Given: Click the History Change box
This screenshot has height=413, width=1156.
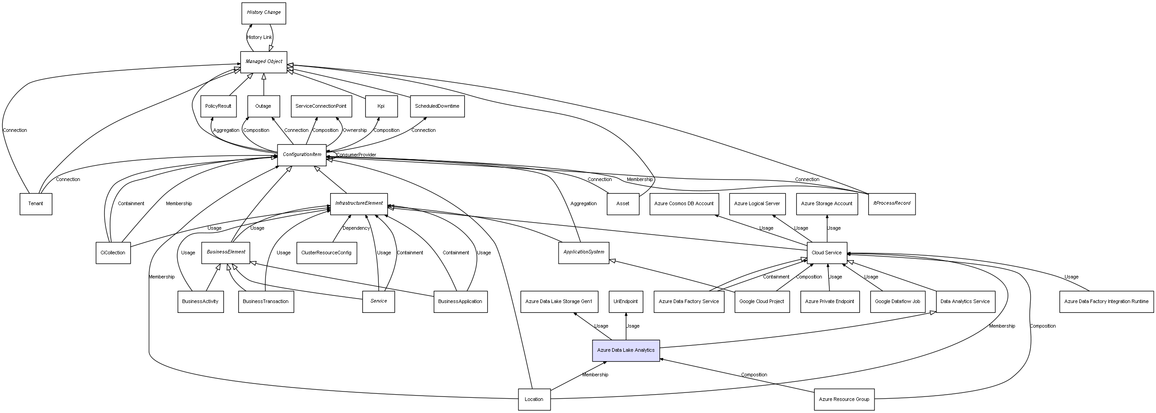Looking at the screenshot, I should coord(263,13).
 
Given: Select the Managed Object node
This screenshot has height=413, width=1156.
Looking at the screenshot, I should coord(263,62).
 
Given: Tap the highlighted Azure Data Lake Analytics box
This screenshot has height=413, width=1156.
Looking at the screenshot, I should coord(626,350).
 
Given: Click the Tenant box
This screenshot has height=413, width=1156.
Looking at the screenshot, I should coord(36,204).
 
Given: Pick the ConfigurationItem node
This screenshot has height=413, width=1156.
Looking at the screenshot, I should coord(302,155).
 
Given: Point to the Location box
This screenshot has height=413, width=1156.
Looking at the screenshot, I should coord(534,400).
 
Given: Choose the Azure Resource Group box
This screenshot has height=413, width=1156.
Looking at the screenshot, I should coord(844,400).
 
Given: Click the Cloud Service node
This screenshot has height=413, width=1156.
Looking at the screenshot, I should coord(827,253).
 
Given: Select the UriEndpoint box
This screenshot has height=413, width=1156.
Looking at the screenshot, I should coord(626,302).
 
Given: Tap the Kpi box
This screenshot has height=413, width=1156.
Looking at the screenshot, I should coord(381,106).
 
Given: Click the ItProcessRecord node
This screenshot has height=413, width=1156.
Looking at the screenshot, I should coord(891,204).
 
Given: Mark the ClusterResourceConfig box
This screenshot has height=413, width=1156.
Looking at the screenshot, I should coord(326,253).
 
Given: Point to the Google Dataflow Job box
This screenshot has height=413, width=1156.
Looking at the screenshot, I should coord(897,302).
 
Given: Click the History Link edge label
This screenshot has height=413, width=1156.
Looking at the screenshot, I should coord(259,37).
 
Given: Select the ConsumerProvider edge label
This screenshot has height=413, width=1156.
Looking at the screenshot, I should coord(356,155).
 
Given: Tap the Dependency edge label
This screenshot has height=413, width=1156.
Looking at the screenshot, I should coord(356,228).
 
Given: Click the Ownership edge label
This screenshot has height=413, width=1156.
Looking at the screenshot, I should coord(355,131).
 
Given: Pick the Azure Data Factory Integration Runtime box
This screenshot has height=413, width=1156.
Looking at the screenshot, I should coord(1106,302).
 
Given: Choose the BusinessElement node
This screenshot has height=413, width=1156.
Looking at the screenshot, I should coord(226,253).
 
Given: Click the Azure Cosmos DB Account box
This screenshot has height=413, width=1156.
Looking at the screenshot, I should coord(684,204).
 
